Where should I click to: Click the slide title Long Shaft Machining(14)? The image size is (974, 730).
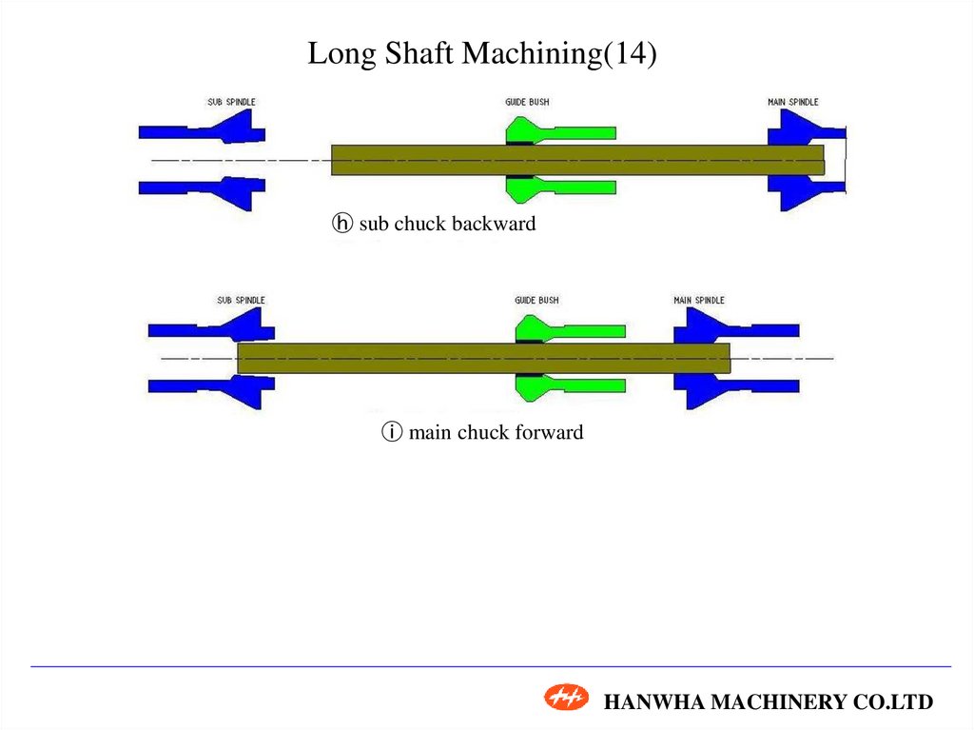tap(482, 54)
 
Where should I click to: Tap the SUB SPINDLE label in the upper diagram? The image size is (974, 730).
tap(231, 102)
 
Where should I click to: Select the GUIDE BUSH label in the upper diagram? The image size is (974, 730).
tap(527, 102)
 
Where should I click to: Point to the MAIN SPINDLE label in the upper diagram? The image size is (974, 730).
tap(792, 102)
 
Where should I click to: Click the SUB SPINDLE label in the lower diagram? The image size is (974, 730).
tap(241, 300)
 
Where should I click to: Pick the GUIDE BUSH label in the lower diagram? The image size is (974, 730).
tap(536, 300)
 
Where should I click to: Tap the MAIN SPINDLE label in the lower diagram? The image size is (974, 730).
tap(699, 300)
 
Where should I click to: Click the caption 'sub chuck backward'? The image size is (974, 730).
tap(447, 225)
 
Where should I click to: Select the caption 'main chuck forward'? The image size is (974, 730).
tap(496, 432)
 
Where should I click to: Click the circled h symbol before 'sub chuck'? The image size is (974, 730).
tap(341, 225)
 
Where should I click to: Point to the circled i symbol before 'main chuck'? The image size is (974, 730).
tap(391, 432)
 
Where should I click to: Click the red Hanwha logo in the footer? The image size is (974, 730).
tap(567, 699)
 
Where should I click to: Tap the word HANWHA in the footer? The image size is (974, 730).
tap(644, 702)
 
